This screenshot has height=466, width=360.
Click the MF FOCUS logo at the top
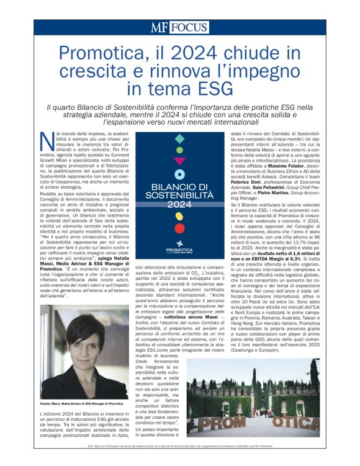pyautogui.click(x=179, y=27)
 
